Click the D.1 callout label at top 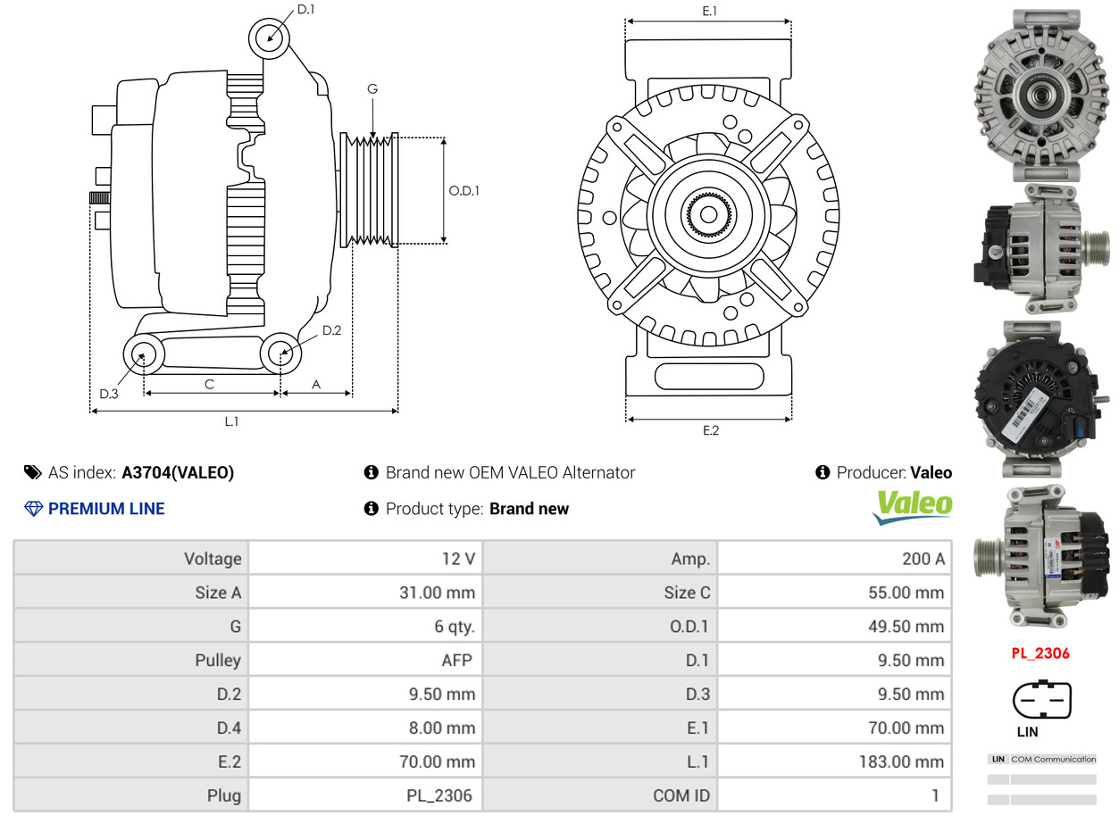click(305, 10)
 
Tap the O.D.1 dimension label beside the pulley click(464, 191)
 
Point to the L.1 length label click(231, 422)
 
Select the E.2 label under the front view click(711, 430)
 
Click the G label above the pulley click(372, 89)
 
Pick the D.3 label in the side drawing click(109, 395)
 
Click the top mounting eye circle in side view click(270, 38)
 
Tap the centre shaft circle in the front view click(709, 215)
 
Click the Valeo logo click(912, 507)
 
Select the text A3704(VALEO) click(178, 473)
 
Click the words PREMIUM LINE click(106, 509)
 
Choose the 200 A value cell click(835, 559)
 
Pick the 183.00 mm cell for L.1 click(835, 762)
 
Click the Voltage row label click(213, 559)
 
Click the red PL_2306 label click(1040, 653)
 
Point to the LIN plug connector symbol click(1042, 699)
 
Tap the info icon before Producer click(823, 472)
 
